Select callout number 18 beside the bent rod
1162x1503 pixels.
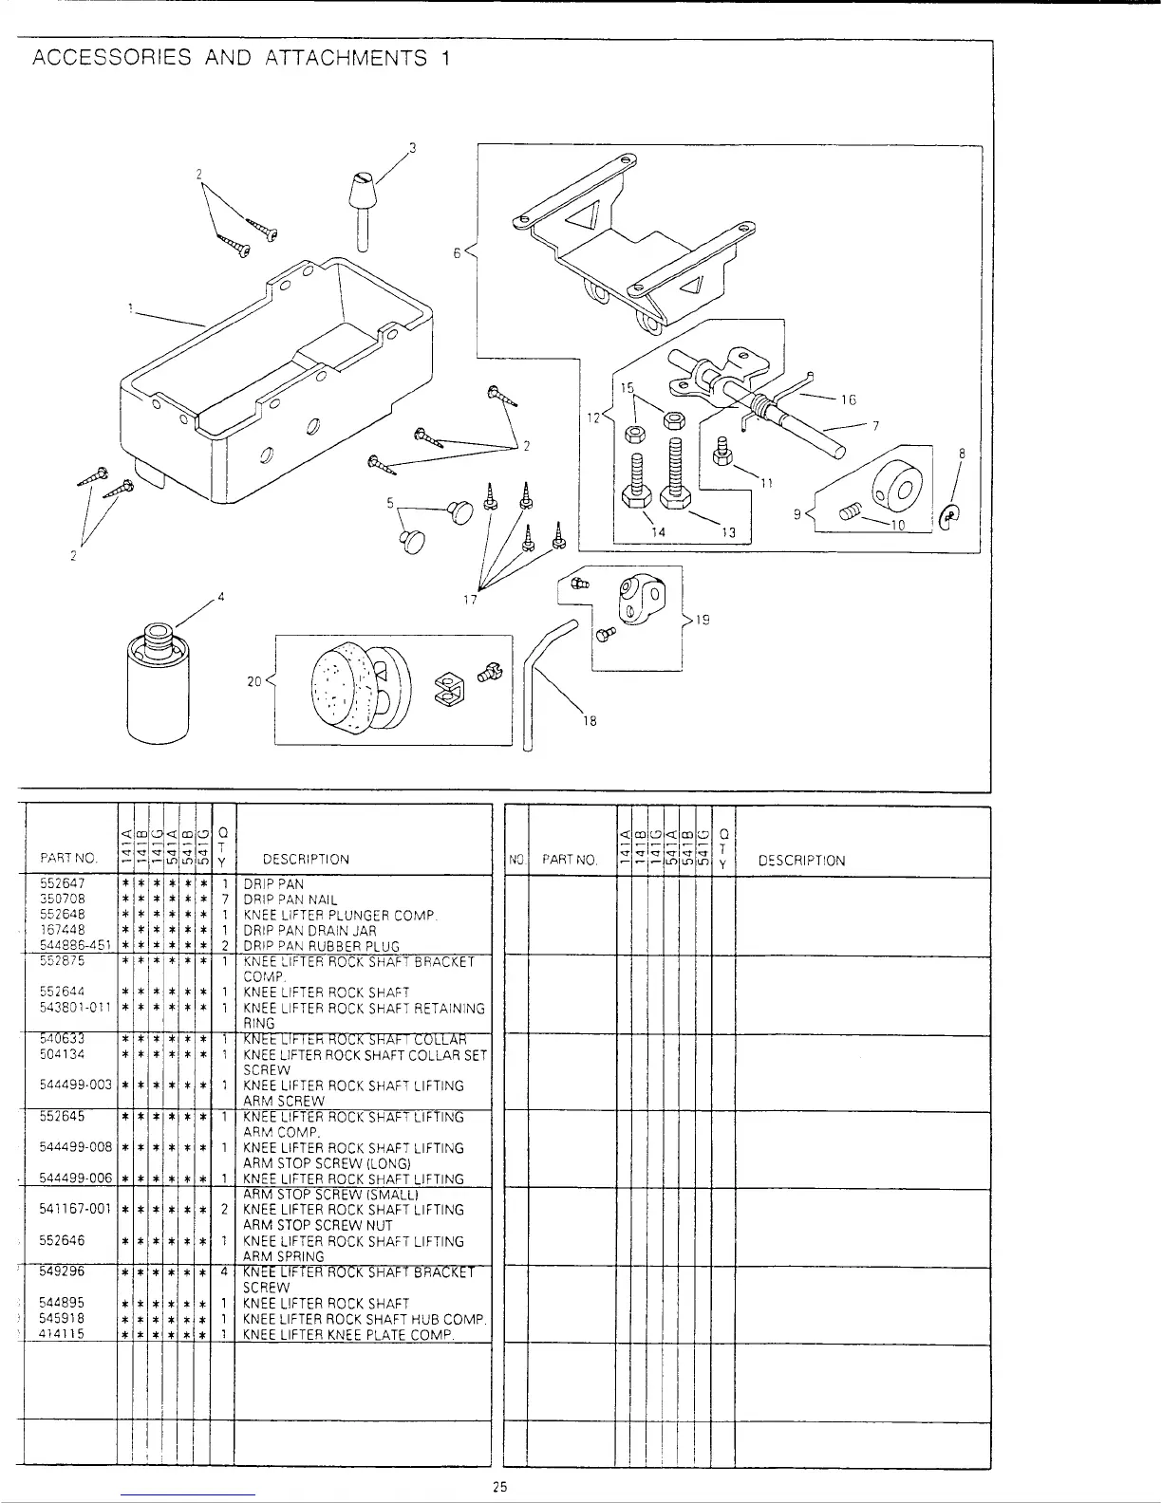pyautogui.click(x=589, y=720)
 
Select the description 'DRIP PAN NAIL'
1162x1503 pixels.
pyautogui.click(x=290, y=900)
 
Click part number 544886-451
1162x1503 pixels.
pyautogui.click(x=76, y=945)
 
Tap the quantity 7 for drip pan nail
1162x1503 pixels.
pyautogui.click(x=221, y=900)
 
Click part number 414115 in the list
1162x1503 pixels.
pyautogui.click(x=63, y=1333)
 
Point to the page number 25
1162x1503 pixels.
pyautogui.click(x=500, y=1487)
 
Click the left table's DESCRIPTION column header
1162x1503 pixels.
pyautogui.click(x=306, y=860)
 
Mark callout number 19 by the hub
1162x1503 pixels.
pyautogui.click(x=703, y=620)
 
